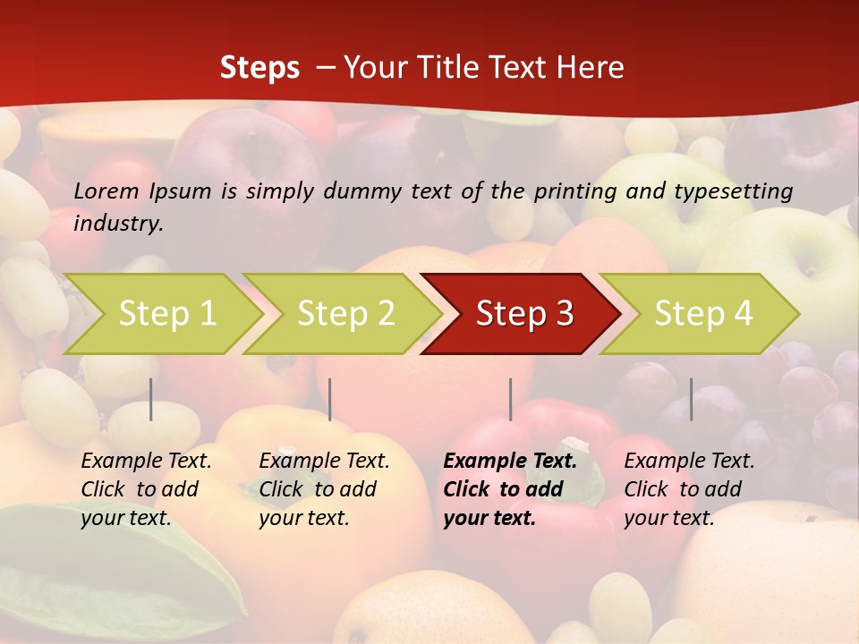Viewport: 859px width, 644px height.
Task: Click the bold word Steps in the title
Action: (259, 68)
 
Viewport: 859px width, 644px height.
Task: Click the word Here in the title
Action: (591, 68)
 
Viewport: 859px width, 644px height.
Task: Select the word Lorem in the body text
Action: (106, 191)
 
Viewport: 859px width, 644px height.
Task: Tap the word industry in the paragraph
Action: (118, 223)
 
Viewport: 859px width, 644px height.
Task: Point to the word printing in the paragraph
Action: (573, 191)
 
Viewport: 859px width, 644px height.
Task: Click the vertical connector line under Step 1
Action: (151, 399)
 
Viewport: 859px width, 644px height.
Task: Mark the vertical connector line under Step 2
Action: (330, 399)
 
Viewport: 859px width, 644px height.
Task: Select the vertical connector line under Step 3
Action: (510, 399)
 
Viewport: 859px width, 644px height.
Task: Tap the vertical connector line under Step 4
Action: (691, 399)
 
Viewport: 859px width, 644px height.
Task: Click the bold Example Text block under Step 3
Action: (510, 489)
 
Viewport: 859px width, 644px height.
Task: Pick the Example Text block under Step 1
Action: (146, 489)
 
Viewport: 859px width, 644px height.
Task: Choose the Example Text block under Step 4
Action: (689, 489)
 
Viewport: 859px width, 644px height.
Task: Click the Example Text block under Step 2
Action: (324, 489)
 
